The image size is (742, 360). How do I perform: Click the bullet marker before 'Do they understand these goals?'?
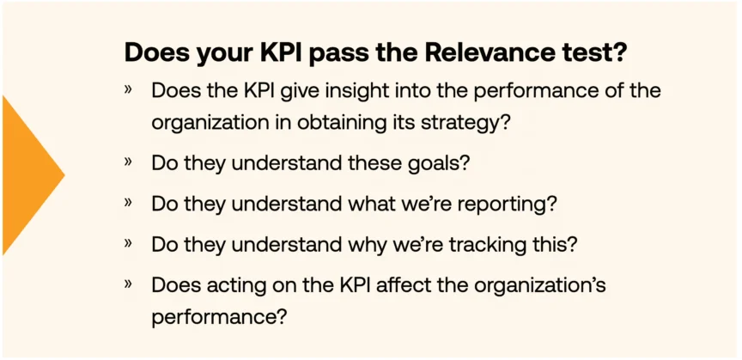tap(128, 162)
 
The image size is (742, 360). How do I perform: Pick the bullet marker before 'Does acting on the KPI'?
tap(128, 284)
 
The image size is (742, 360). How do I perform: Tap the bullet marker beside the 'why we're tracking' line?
tap(128, 243)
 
